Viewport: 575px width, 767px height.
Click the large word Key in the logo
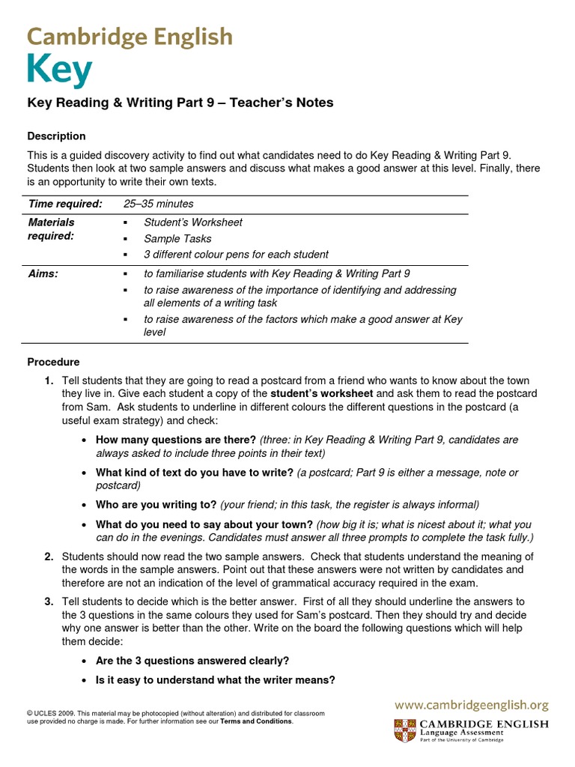(x=60, y=71)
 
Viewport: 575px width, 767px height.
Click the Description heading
(x=56, y=136)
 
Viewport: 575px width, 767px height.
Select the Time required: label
(x=64, y=204)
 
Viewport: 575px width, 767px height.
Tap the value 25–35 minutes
(x=158, y=204)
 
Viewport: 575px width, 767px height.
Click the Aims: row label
(x=43, y=274)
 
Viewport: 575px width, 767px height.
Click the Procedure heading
(x=53, y=362)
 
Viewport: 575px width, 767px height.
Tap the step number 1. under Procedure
(x=49, y=381)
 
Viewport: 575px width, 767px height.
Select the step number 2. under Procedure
(x=49, y=557)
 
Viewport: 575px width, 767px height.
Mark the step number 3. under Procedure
(x=49, y=601)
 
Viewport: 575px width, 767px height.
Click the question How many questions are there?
(x=176, y=440)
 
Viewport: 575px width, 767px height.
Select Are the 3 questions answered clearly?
(x=192, y=661)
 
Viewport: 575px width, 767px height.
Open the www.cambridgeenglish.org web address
(x=472, y=705)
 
